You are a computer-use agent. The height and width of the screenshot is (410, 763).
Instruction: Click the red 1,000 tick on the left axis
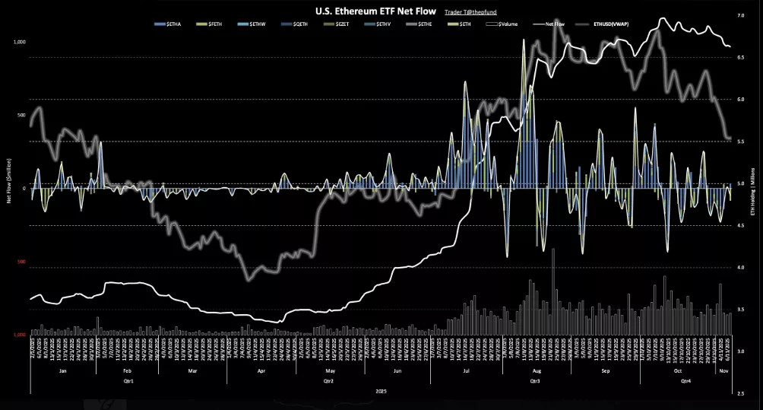[x=19, y=334]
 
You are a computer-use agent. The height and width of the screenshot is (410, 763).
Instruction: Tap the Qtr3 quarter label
[x=534, y=380]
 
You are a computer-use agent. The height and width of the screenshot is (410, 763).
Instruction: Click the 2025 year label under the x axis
[x=381, y=389]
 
